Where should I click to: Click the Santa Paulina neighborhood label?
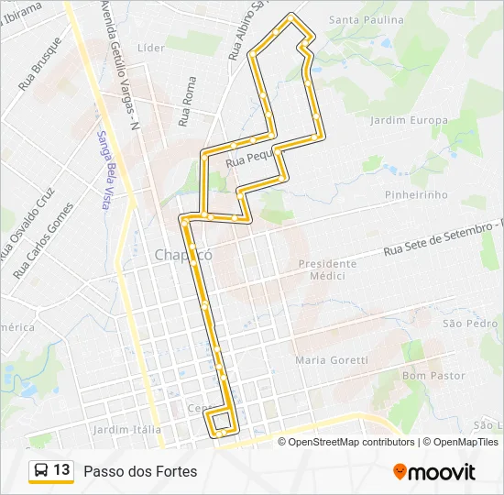coord(366,19)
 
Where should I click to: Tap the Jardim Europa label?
coord(409,120)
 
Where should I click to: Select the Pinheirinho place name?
coord(417,194)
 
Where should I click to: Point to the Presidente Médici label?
coord(327,269)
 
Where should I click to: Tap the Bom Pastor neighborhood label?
coord(433,376)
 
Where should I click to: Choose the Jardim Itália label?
coord(127,429)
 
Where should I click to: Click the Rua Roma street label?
coord(188,102)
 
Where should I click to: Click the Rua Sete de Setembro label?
coord(444,237)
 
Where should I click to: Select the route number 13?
coord(62,470)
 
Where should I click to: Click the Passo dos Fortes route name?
coord(140,471)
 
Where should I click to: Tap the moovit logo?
coord(434,472)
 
